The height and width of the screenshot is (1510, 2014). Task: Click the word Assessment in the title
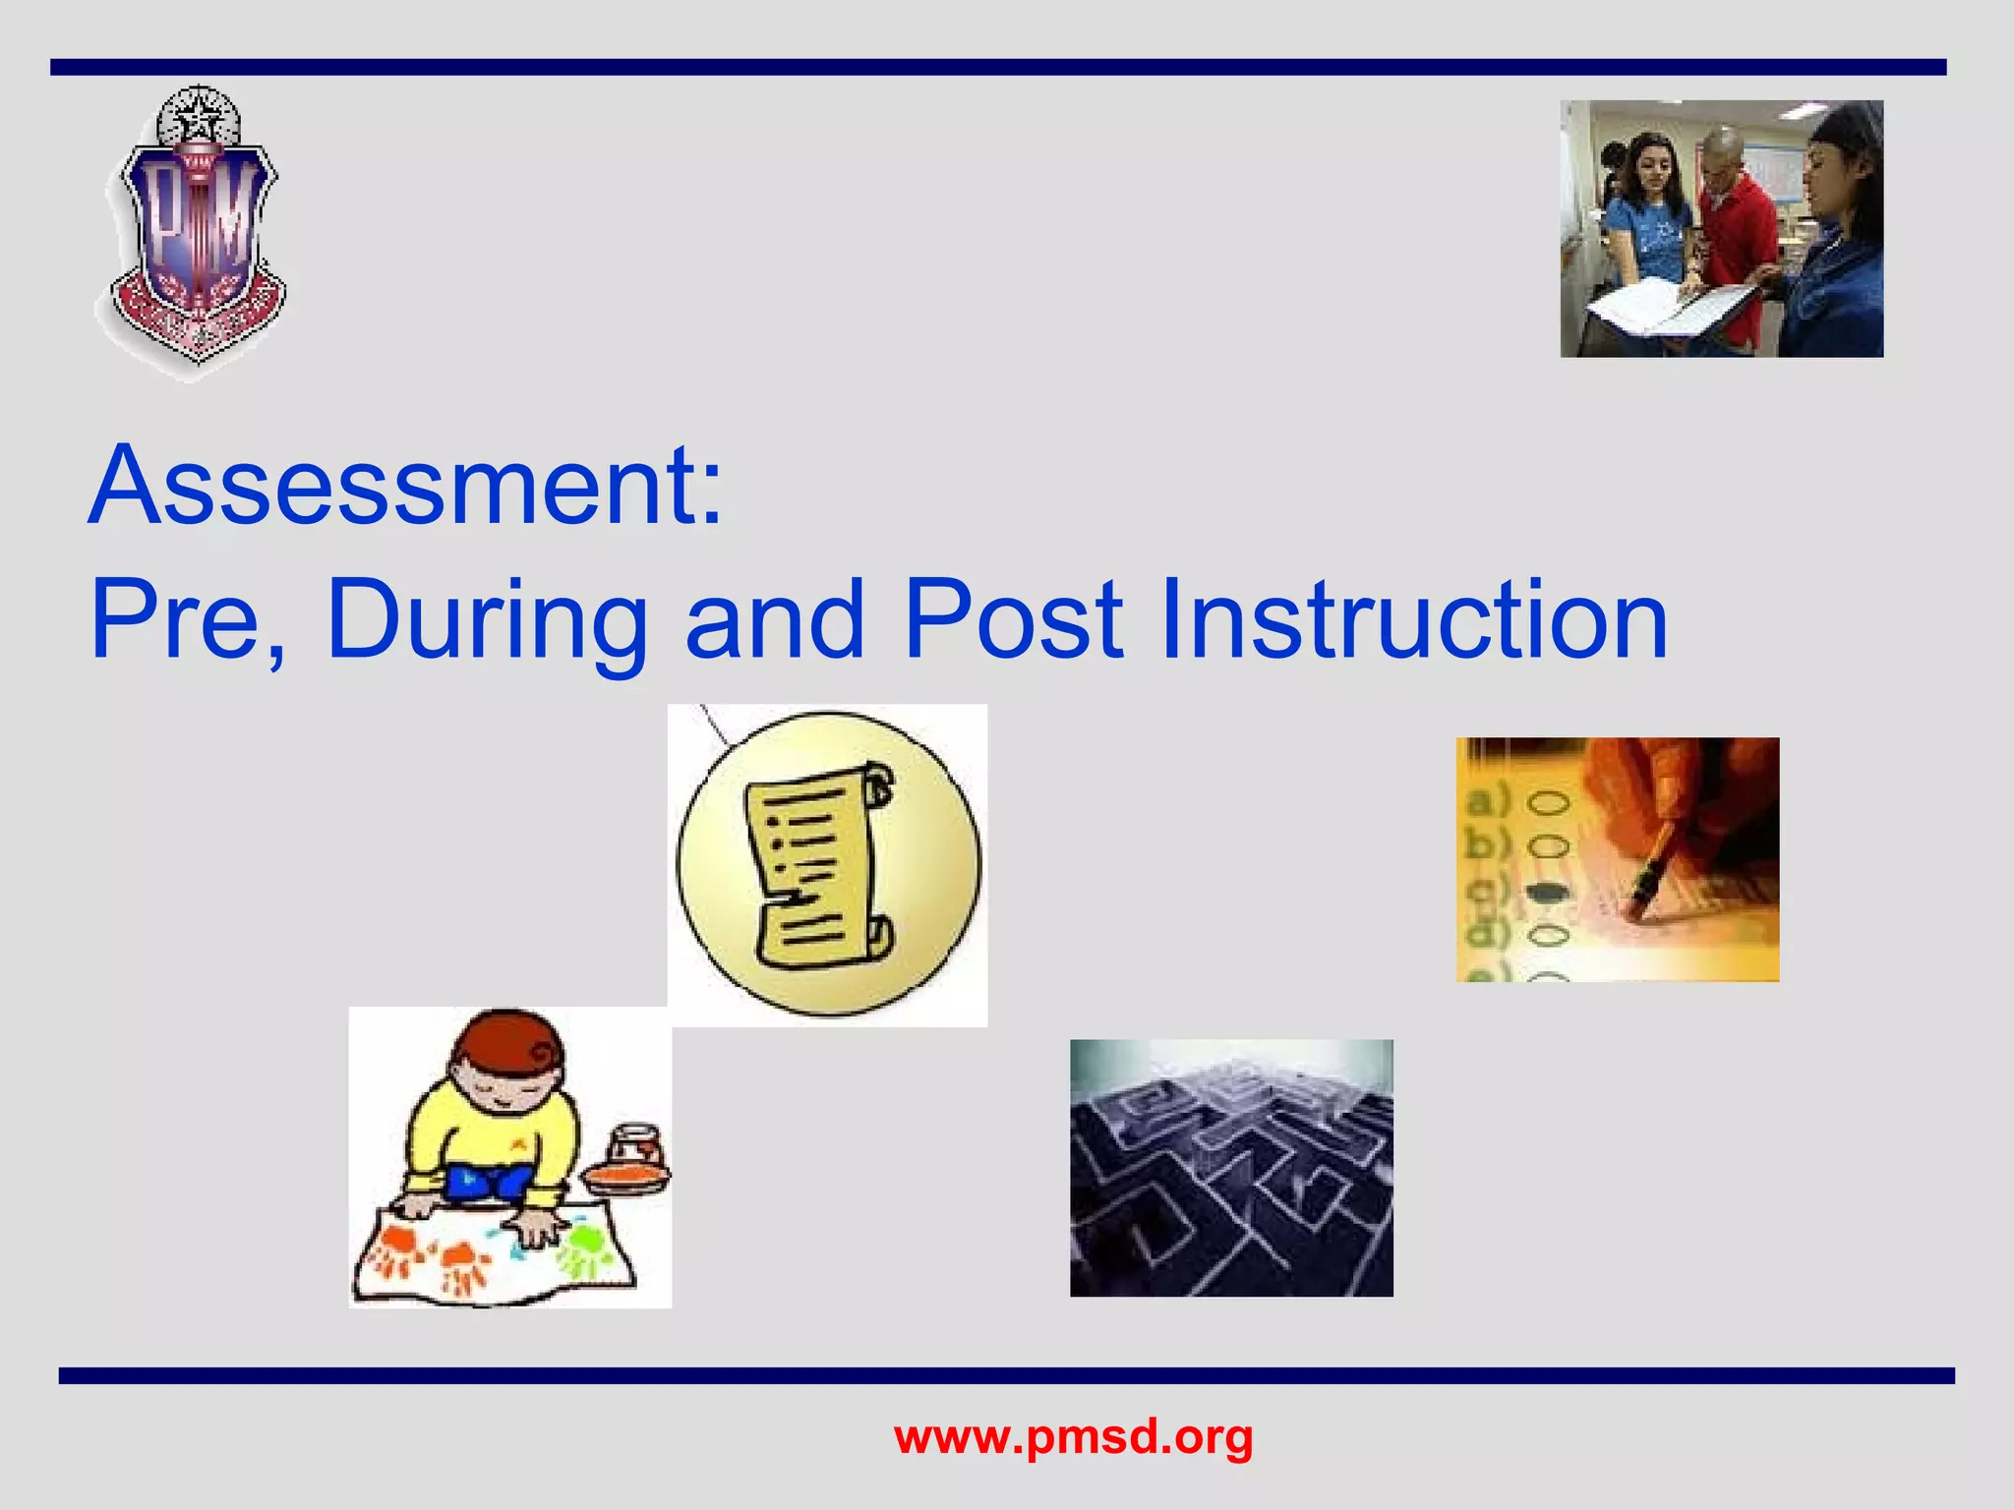pyautogui.click(x=393, y=487)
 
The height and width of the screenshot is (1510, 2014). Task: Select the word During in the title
pyautogui.click(x=487, y=621)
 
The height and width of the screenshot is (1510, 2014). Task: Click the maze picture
pyautogui.click(x=1231, y=1168)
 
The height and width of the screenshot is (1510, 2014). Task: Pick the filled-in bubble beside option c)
pyautogui.click(x=1547, y=892)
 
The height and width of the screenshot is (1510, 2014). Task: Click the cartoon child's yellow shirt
pyautogui.click(x=492, y=1131)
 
